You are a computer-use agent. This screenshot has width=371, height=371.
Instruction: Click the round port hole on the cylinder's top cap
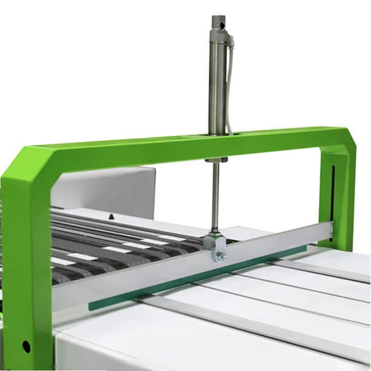(221, 22)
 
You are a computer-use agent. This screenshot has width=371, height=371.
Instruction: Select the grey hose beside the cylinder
(229, 89)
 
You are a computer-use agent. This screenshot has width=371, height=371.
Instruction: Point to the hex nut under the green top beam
(217, 160)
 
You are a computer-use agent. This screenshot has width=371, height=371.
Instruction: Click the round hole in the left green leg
(26, 347)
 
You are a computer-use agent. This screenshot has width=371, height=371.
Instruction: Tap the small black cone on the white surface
(113, 217)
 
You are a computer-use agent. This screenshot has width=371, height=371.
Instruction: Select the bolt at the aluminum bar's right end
(332, 228)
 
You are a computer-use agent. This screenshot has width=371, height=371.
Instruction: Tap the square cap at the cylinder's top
(218, 22)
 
